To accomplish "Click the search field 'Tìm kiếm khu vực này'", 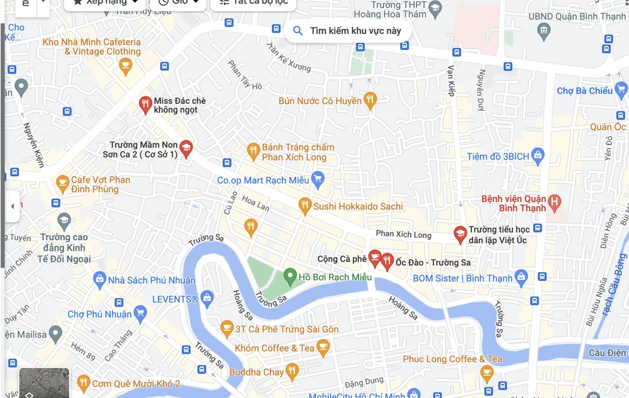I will (x=355, y=31).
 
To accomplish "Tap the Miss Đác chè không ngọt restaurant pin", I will (x=145, y=104).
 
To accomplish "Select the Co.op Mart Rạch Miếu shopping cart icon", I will (x=318, y=180).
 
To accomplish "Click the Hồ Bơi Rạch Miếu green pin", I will (x=289, y=276).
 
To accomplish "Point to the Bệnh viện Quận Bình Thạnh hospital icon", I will (x=554, y=202).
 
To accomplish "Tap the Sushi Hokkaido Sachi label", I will (x=358, y=207).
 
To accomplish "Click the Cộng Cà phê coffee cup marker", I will (x=374, y=258).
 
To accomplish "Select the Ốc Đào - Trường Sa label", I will (x=433, y=263).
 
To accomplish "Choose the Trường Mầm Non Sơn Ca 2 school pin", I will (x=186, y=149).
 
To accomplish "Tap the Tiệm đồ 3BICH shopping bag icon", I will (x=537, y=155).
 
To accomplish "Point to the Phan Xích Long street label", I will (x=403, y=235).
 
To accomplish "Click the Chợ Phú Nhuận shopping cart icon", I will (x=140, y=313).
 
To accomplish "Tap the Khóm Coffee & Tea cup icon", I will (x=323, y=347).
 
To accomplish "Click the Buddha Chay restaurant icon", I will (x=291, y=372).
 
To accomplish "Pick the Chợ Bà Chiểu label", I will (x=584, y=91).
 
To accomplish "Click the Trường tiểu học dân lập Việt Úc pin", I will (x=460, y=234).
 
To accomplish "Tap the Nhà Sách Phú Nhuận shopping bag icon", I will (x=99, y=280).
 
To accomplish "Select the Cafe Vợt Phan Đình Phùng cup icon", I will (x=62, y=184).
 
